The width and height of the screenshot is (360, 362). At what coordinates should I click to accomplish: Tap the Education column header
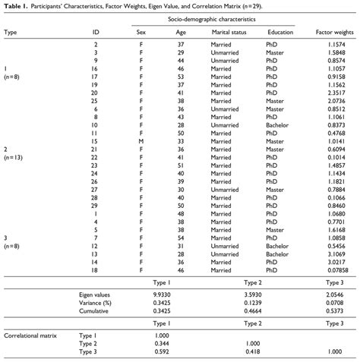[280, 33]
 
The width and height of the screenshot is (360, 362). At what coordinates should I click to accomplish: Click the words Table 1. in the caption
[15, 8]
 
